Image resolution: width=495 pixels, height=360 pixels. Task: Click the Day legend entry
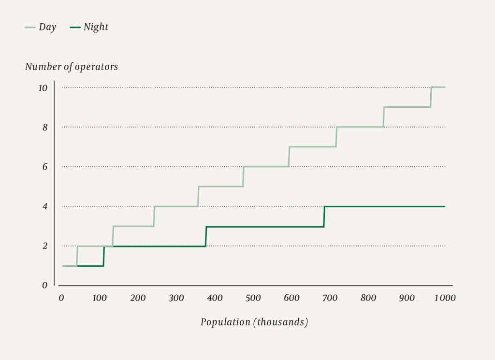[41, 27]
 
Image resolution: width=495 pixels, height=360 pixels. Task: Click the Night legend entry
[89, 27]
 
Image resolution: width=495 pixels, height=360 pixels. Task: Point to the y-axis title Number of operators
[72, 67]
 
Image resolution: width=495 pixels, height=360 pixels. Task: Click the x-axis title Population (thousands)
[254, 322]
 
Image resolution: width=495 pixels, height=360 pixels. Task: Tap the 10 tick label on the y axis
[43, 88]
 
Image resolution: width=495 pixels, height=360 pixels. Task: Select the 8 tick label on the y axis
[44, 128]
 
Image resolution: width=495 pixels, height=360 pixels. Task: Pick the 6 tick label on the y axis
[44, 167]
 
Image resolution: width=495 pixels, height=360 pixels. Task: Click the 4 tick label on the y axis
[44, 207]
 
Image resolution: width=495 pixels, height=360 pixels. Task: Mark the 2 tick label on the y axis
[44, 246]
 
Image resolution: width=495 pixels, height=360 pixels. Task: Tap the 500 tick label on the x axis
[253, 298]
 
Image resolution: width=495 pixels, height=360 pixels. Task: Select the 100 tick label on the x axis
[100, 298]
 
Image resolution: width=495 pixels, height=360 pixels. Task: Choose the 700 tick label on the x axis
[330, 298]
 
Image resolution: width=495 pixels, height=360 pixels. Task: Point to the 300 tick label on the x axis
[176, 298]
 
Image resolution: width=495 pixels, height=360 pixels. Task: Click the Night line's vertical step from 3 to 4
[324, 216]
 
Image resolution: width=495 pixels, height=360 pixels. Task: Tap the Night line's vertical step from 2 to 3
[206, 236]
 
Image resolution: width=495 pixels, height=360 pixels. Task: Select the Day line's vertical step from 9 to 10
[431, 97]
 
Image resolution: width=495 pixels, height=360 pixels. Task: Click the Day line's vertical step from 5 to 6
[243, 176]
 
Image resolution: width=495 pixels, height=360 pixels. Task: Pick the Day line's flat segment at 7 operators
[312, 147]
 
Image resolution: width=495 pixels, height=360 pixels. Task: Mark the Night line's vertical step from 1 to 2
[104, 256]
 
